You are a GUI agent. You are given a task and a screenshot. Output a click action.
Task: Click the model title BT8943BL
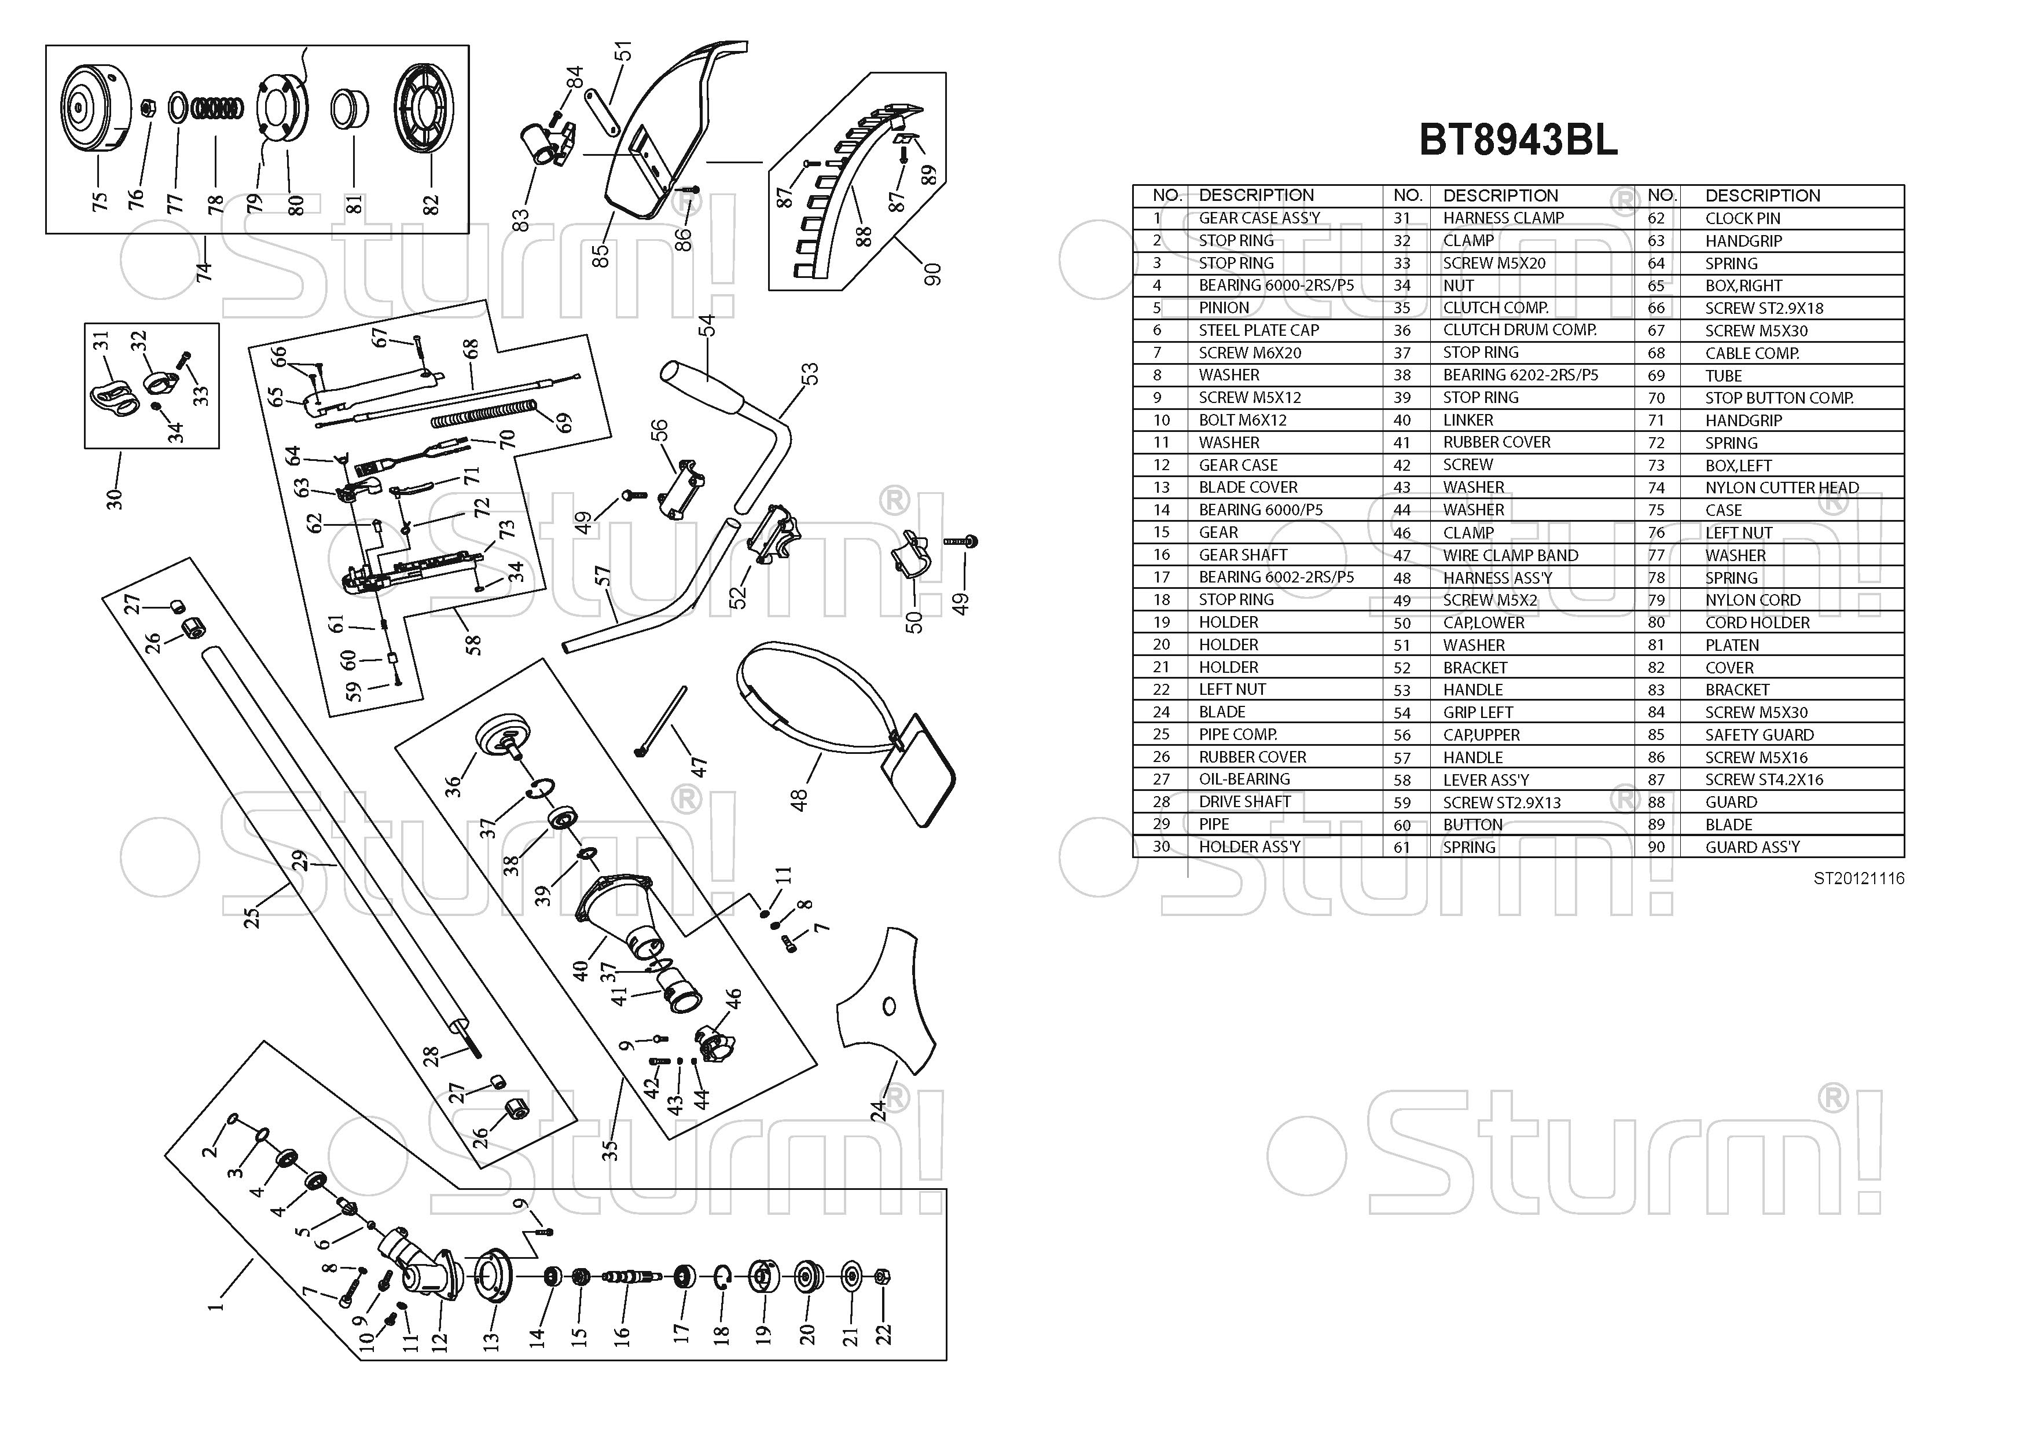pyautogui.click(x=1518, y=140)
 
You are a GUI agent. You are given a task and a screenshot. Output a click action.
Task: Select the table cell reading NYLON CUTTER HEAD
pyautogui.click(x=1782, y=488)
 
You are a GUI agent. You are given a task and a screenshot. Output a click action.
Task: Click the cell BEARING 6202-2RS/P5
pyautogui.click(x=1520, y=375)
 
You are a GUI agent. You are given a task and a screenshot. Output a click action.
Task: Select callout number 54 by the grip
pyautogui.click(x=706, y=325)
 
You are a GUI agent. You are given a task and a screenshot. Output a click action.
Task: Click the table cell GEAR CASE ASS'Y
pyautogui.click(x=1259, y=218)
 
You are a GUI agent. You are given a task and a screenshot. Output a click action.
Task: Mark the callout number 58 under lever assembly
pyautogui.click(x=473, y=645)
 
